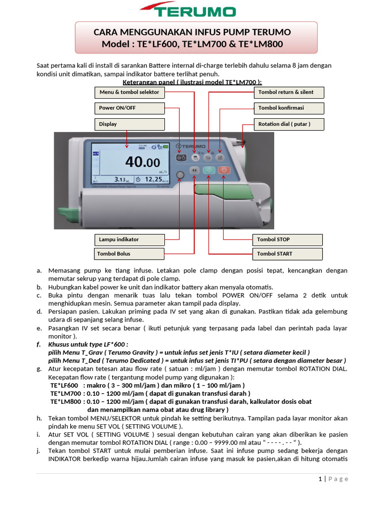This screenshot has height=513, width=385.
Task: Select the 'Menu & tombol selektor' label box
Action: pyautogui.click(x=129, y=92)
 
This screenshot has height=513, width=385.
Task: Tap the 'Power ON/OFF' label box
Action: pyautogui.click(x=129, y=108)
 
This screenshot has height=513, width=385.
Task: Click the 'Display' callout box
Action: pyautogui.click(x=129, y=124)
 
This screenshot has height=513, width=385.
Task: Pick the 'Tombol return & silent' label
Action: pyautogui.click(x=289, y=92)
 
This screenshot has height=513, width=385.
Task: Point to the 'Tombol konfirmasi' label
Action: pyautogui.click(x=289, y=108)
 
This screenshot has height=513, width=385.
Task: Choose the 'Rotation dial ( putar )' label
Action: pyautogui.click(x=289, y=124)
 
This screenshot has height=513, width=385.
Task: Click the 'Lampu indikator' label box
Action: pyautogui.click(x=129, y=239)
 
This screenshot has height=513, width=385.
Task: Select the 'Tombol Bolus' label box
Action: pyautogui.click(x=129, y=253)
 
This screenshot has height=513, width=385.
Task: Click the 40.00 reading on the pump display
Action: pyautogui.click(x=143, y=162)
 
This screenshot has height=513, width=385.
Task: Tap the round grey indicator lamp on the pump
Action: pyautogui.click(x=180, y=174)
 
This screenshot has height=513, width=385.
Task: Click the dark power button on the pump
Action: pyautogui.click(x=181, y=158)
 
